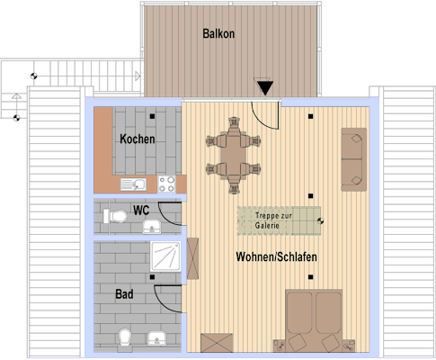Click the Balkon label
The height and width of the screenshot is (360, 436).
click(x=218, y=33)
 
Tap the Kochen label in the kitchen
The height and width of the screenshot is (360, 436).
click(x=138, y=139)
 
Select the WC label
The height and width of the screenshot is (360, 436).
click(x=141, y=211)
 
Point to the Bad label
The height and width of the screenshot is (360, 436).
click(x=124, y=294)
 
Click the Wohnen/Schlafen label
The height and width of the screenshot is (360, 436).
click(x=276, y=256)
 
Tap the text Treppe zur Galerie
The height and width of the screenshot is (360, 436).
click(x=273, y=220)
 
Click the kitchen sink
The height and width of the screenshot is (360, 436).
click(x=133, y=184)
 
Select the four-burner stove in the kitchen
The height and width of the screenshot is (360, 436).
click(x=167, y=184)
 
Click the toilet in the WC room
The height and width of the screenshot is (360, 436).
click(x=115, y=216)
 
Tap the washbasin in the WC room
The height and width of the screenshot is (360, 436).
click(x=152, y=227)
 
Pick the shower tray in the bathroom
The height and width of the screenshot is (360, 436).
click(x=165, y=256)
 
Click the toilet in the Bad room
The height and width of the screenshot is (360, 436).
click(x=125, y=339)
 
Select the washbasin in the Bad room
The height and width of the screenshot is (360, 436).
click(x=156, y=338)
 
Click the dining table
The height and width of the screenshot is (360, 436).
click(x=233, y=155)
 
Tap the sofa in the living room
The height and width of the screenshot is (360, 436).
click(x=354, y=159)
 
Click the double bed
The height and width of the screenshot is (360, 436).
click(x=314, y=320)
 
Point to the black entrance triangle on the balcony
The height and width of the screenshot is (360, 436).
click(x=265, y=88)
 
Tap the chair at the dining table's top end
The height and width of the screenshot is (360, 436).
click(x=234, y=125)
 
